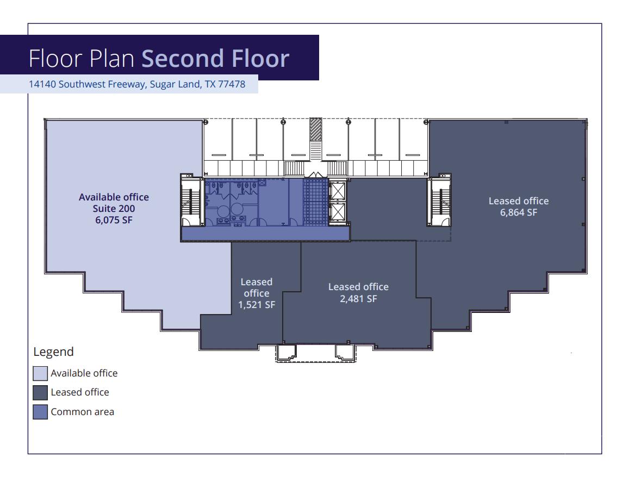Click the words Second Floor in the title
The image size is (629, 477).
(x=215, y=59)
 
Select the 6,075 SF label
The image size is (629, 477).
(x=114, y=220)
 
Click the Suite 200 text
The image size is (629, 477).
(x=114, y=209)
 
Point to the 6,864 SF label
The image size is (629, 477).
(x=518, y=212)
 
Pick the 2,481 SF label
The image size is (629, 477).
(x=358, y=298)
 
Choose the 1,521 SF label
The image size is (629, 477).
(x=256, y=305)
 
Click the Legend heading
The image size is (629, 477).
(x=53, y=352)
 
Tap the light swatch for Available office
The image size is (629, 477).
(x=40, y=373)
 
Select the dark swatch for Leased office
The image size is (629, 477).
(x=40, y=392)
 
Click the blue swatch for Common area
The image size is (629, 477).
(x=40, y=412)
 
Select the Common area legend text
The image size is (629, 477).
(x=82, y=412)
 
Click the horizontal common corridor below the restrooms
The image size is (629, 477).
(x=265, y=234)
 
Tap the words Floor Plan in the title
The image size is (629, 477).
(x=82, y=59)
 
